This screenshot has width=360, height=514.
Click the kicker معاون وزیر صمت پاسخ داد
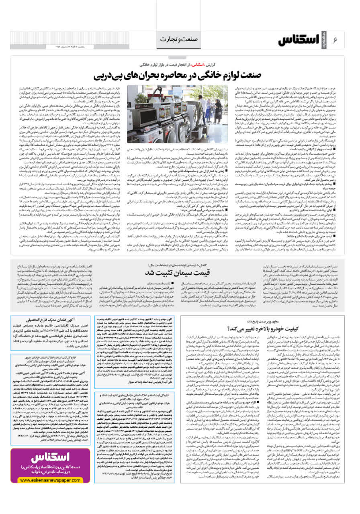point(282,322)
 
